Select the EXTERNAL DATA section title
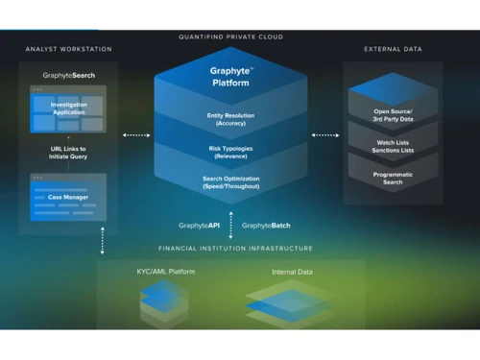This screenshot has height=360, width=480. click(393, 49)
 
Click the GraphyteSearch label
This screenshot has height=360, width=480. click(68, 74)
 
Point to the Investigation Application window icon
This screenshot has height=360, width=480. click(68, 110)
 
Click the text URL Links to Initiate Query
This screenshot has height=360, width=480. click(68, 153)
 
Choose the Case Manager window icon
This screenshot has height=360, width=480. click(68, 196)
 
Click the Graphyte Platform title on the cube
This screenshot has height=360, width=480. click(230, 77)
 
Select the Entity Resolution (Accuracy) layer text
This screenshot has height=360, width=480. click(230, 119)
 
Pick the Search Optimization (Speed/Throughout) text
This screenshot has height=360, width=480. click(230, 181)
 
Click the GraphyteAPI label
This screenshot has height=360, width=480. click(201, 225)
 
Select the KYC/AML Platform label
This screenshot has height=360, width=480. click(165, 272)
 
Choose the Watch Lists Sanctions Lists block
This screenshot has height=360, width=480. click(393, 147)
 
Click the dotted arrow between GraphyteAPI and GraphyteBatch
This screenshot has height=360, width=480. click(230, 226)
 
